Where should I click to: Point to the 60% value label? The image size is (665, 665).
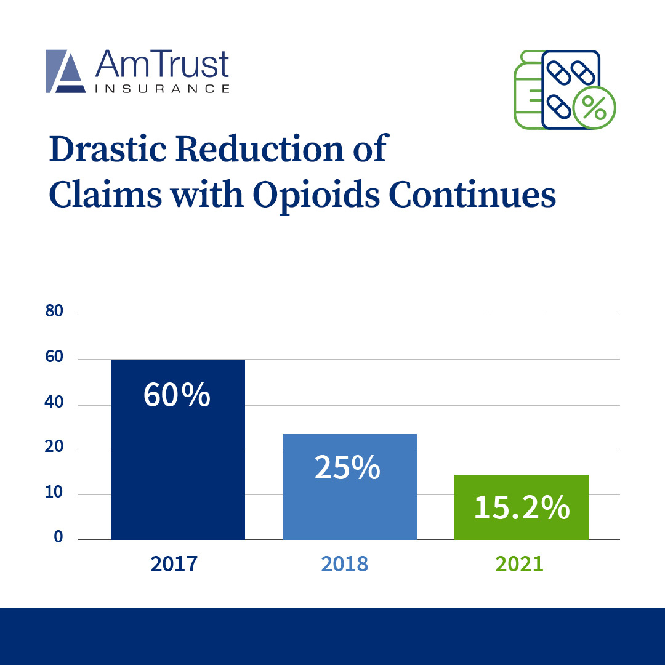pos(177,396)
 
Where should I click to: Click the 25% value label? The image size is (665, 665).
pos(347,467)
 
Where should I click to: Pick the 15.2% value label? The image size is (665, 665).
pos(522,509)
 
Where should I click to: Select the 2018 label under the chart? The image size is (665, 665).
pos(344,563)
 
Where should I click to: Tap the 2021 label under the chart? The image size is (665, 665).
pos(519,563)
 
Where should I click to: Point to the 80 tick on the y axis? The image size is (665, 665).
pos(55,312)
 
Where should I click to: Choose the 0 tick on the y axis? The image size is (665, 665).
pos(58,537)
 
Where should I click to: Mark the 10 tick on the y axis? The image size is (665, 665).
pos(55,492)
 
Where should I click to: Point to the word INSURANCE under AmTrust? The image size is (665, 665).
pos(163,89)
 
